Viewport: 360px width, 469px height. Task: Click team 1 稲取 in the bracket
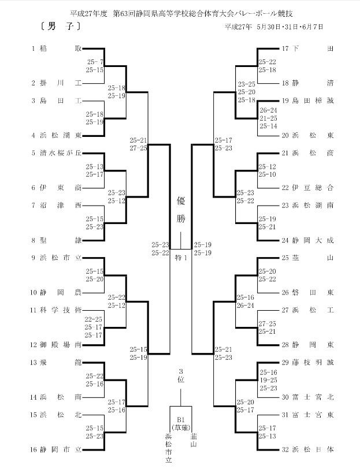click(57, 49)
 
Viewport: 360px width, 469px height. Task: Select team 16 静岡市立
click(55, 449)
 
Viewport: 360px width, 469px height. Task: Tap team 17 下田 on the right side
click(307, 49)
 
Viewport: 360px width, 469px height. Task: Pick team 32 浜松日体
click(307, 449)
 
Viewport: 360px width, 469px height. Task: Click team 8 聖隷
click(57, 240)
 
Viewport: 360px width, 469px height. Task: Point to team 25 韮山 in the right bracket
click(307, 258)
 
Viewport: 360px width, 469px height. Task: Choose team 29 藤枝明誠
click(307, 362)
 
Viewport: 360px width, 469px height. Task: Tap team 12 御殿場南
click(55, 345)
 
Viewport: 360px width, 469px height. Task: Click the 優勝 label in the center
click(181, 209)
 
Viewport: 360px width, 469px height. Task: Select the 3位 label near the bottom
click(181, 375)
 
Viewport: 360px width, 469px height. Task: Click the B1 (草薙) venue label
click(181, 423)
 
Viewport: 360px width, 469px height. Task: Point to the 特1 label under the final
click(181, 257)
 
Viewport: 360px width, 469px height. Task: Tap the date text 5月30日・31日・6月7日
click(290, 27)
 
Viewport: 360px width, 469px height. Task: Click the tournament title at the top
click(181, 13)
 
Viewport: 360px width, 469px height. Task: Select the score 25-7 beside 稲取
click(95, 62)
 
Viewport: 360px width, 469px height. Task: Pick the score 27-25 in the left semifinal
click(138, 148)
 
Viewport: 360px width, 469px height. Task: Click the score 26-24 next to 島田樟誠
click(268, 110)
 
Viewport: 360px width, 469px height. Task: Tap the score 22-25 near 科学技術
click(94, 319)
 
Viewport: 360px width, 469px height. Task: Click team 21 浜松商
click(307, 153)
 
